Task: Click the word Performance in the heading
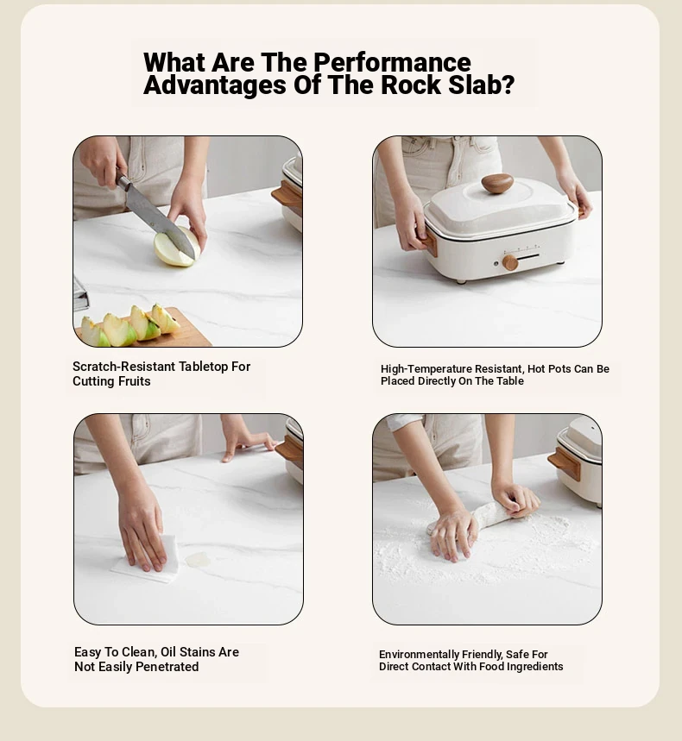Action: click(x=392, y=62)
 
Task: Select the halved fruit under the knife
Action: click(x=176, y=248)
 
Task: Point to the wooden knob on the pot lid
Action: click(x=497, y=184)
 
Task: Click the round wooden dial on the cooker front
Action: click(x=510, y=262)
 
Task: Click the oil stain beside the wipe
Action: click(x=198, y=560)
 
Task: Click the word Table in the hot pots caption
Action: click(x=509, y=381)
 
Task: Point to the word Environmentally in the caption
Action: click(x=419, y=655)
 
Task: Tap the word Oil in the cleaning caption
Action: click(x=168, y=652)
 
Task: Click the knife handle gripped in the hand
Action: click(x=122, y=181)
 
